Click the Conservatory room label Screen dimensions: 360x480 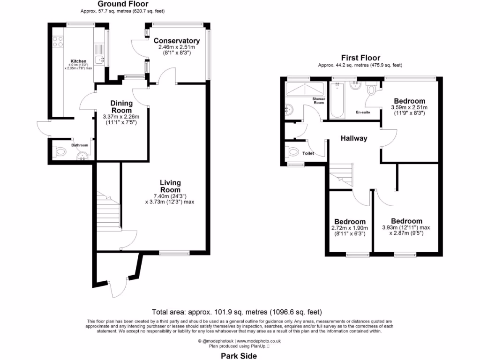click(x=177, y=41)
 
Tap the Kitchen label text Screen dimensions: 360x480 click(x=78, y=61)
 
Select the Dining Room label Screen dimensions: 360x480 click(x=121, y=106)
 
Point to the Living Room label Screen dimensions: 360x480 click(x=170, y=186)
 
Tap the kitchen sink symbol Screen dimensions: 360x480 click(x=100, y=59)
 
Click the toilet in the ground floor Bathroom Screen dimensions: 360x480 click(x=60, y=151)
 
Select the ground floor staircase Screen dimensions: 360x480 click(x=108, y=211)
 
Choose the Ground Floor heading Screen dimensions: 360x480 click(x=123, y=4)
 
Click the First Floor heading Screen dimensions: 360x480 click(x=360, y=58)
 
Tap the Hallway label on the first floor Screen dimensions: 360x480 click(x=354, y=138)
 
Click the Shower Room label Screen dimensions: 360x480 click(x=319, y=101)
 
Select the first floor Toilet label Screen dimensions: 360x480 click(x=308, y=153)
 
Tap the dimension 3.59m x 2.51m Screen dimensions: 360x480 click(x=409, y=107)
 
